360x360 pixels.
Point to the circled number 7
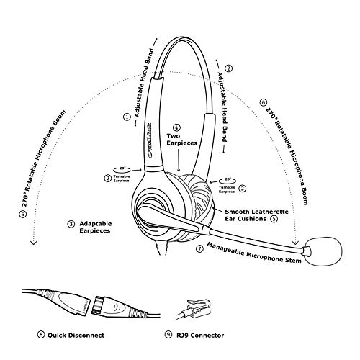coord(200,248)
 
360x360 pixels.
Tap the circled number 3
coord(71,224)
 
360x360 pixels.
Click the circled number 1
coord(127,115)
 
